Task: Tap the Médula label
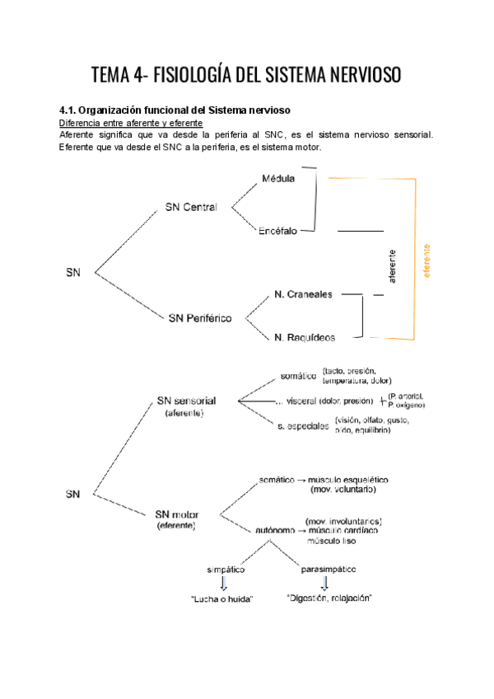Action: coord(277,178)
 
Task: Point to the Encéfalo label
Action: coord(279,232)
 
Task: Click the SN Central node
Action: coord(191,207)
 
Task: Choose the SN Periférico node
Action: coord(198,317)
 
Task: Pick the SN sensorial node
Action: coord(186,401)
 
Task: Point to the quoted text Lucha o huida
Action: coord(220,598)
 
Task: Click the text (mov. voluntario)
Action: coord(343,490)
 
